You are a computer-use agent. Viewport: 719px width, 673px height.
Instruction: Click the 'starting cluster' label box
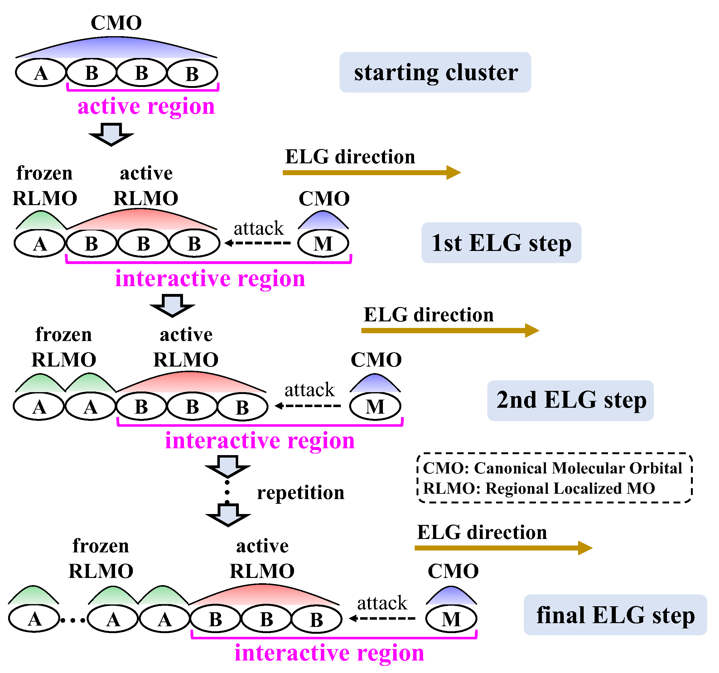pos(435,72)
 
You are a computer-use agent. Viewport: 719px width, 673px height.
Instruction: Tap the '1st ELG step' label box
pos(501,243)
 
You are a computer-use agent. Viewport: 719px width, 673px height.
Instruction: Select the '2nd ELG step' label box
pos(570,400)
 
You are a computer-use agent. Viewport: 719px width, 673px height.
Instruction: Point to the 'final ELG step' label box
pos(615,615)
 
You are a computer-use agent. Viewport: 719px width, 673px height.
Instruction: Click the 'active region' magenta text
pos(146,106)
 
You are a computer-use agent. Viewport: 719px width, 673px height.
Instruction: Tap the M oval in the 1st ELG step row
pos(323,243)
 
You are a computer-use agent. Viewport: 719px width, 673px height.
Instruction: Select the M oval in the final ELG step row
pos(451,619)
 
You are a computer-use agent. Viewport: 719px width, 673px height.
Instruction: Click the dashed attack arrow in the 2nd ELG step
pos(308,406)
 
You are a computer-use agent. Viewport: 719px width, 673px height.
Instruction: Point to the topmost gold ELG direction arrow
pos(371,172)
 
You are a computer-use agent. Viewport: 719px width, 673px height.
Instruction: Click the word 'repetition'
pos(301,493)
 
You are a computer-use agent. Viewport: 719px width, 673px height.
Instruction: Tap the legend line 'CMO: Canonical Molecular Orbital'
pos(552,468)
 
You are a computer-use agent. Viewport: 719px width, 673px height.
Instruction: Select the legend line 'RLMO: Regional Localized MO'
pos(539,488)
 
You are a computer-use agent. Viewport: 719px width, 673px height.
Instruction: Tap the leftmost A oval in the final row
pos(34,619)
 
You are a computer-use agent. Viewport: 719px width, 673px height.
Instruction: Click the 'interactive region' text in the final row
pos(329,653)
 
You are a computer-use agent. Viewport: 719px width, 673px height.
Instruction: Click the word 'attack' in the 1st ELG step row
pos(258,228)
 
